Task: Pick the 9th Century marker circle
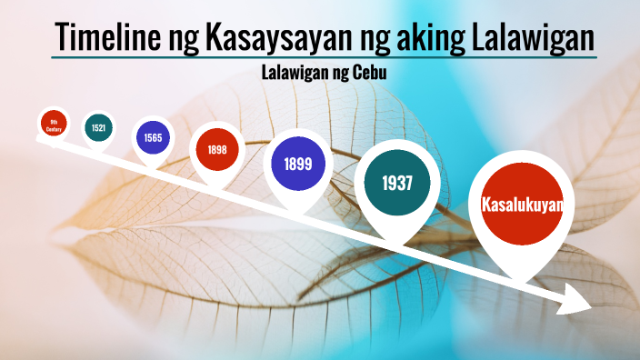tap(55, 123)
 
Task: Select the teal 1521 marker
tap(98, 128)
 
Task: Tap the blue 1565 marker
tap(152, 137)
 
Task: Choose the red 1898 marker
tap(216, 149)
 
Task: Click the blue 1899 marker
tap(298, 165)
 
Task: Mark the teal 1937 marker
tap(397, 183)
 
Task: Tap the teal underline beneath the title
tap(324, 57)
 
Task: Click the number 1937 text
tap(397, 183)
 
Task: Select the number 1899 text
tap(298, 165)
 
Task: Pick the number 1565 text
tap(152, 137)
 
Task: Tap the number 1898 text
tap(216, 149)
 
